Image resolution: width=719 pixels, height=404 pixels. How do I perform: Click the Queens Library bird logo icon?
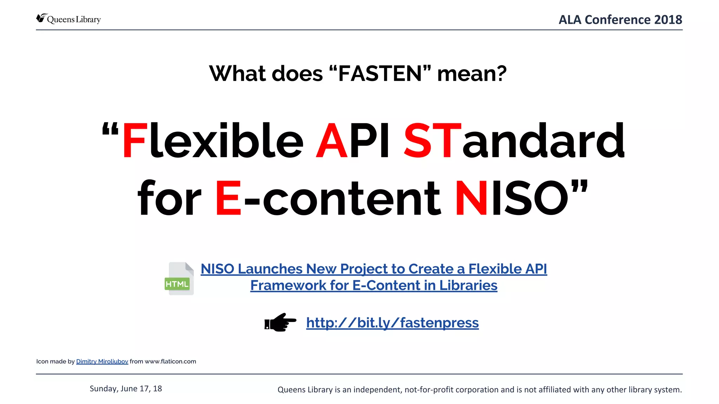(x=41, y=18)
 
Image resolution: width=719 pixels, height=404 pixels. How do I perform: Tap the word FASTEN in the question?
(x=380, y=74)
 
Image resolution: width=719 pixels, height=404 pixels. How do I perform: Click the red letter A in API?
(x=331, y=141)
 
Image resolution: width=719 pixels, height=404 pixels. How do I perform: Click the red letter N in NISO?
(x=471, y=198)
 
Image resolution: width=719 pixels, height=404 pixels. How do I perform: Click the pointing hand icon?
(x=280, y=322)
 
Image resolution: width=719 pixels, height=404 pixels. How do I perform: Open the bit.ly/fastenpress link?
(x=392, y=323)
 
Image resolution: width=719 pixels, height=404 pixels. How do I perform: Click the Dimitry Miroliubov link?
(x=102, y=362)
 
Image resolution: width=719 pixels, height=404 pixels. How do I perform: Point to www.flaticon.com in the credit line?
(x=170, y=362)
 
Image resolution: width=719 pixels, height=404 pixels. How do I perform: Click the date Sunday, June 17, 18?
(x=126, y=389)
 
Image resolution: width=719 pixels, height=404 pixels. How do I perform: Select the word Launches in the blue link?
(x=270, y=269)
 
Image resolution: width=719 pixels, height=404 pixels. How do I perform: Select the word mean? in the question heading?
(x=472, y=74)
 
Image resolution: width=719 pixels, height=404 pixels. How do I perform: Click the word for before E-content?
(x=169, y=198)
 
